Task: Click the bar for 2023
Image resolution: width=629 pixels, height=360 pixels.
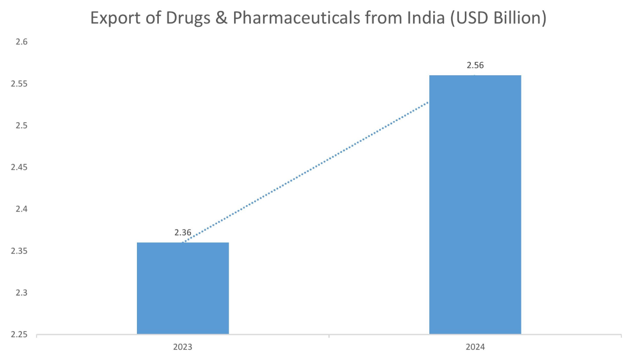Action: coord(183,288)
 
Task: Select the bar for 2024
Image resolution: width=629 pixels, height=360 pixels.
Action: coord(475,205)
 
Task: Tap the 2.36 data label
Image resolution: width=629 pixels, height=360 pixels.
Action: coord(183,233)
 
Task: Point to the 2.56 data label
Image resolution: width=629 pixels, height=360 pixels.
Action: coord(475,65)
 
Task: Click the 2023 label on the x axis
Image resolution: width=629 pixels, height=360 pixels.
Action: coord(183,347)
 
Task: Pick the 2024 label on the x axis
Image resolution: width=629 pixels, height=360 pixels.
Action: coord(475,347)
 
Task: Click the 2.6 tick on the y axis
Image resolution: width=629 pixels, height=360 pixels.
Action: coord(21,43)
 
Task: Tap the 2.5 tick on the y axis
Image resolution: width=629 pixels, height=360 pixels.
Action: coord(21,126)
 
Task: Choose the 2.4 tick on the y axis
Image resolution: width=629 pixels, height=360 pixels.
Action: coord(21,209)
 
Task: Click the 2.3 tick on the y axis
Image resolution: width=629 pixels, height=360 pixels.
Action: coord(21,293)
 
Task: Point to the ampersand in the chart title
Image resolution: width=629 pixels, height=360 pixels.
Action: coord(219,19)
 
